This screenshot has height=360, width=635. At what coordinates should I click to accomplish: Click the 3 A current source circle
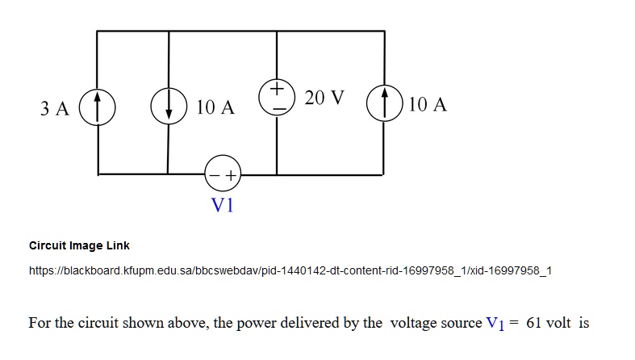pyautogui.click(x=98, y=107)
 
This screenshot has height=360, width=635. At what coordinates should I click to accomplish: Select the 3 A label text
pyautogui.click(x=55, y=107)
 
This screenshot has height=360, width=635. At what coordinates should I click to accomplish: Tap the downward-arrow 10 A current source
pyautogui.click(x=168, y=107)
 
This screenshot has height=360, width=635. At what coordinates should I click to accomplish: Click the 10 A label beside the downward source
pyautogui.click(x=215, y=107)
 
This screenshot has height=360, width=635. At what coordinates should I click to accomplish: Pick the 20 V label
pyautogui.click(x=324, y=98)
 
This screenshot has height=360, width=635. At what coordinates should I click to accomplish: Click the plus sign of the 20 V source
pyautogui.click(x=276, y=86)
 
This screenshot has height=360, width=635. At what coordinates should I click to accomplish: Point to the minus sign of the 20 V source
pyautogui.click(x=276, y=107)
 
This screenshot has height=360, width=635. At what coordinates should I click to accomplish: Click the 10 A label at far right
pyautogui.click(x=428, y=105)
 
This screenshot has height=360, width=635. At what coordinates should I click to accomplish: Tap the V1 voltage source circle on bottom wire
pyautogui.click(x=224, y=174)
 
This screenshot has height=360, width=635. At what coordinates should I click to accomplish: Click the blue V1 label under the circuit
pyautogui.click(x=222, y=205)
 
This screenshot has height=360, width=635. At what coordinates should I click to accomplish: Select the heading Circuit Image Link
pyautogui.click(x=79, y=245)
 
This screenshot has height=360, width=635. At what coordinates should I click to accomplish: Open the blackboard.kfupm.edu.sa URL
pyautogui.click(x=290, y=270)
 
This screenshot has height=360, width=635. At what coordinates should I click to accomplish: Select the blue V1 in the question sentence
pyautogui.click(x=495, y=324)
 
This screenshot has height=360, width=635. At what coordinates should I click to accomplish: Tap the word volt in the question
pyautogui.click(x=558, y=323)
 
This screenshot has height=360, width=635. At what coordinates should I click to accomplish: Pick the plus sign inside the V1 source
pyautogui.click(x=231, y=174)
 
